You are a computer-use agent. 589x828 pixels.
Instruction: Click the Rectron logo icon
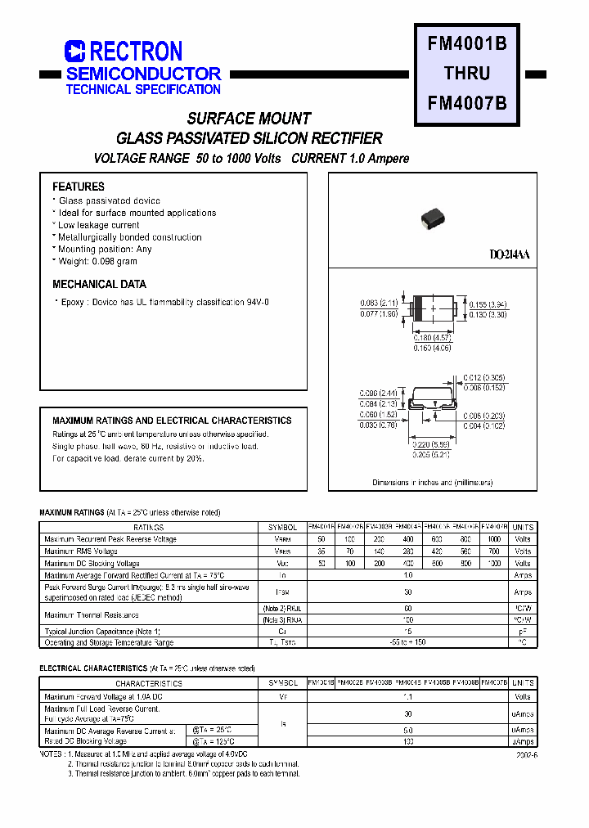(74, 52)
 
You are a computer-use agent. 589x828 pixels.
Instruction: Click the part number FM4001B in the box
(467, 44)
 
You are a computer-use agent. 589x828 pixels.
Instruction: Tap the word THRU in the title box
(467, 74)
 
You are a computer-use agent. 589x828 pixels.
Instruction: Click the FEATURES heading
(79, 187)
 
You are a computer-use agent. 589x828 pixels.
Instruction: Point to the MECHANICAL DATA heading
(99, 285)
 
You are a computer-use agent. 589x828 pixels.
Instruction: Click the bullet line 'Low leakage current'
(98, 225)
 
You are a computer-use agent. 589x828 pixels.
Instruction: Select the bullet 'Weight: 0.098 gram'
(97, 262)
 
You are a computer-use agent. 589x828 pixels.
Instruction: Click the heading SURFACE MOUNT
(249, 119)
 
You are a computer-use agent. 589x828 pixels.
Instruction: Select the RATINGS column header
(149, 528)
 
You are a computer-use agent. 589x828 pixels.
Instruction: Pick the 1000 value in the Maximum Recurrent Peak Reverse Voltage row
(495, 539)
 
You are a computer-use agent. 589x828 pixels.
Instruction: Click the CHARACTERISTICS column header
(149, 682)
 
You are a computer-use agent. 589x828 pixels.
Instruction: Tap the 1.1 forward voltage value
(408, 697)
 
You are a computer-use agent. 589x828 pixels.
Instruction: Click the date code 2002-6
(527, 756)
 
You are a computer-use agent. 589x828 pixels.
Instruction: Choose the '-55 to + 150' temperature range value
(408, 642)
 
